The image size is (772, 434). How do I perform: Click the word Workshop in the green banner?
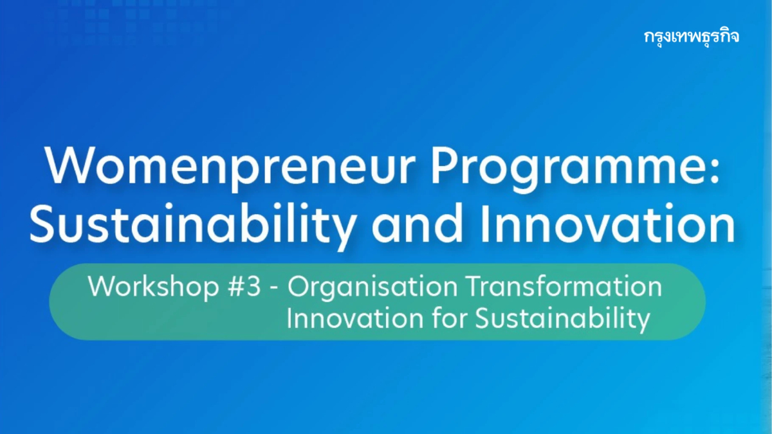coord(152,287)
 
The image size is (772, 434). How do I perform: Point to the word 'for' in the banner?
coord(439,318)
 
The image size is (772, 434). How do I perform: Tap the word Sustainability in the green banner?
coord(562,319)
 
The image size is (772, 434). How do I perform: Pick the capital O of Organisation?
coord(298,287)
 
